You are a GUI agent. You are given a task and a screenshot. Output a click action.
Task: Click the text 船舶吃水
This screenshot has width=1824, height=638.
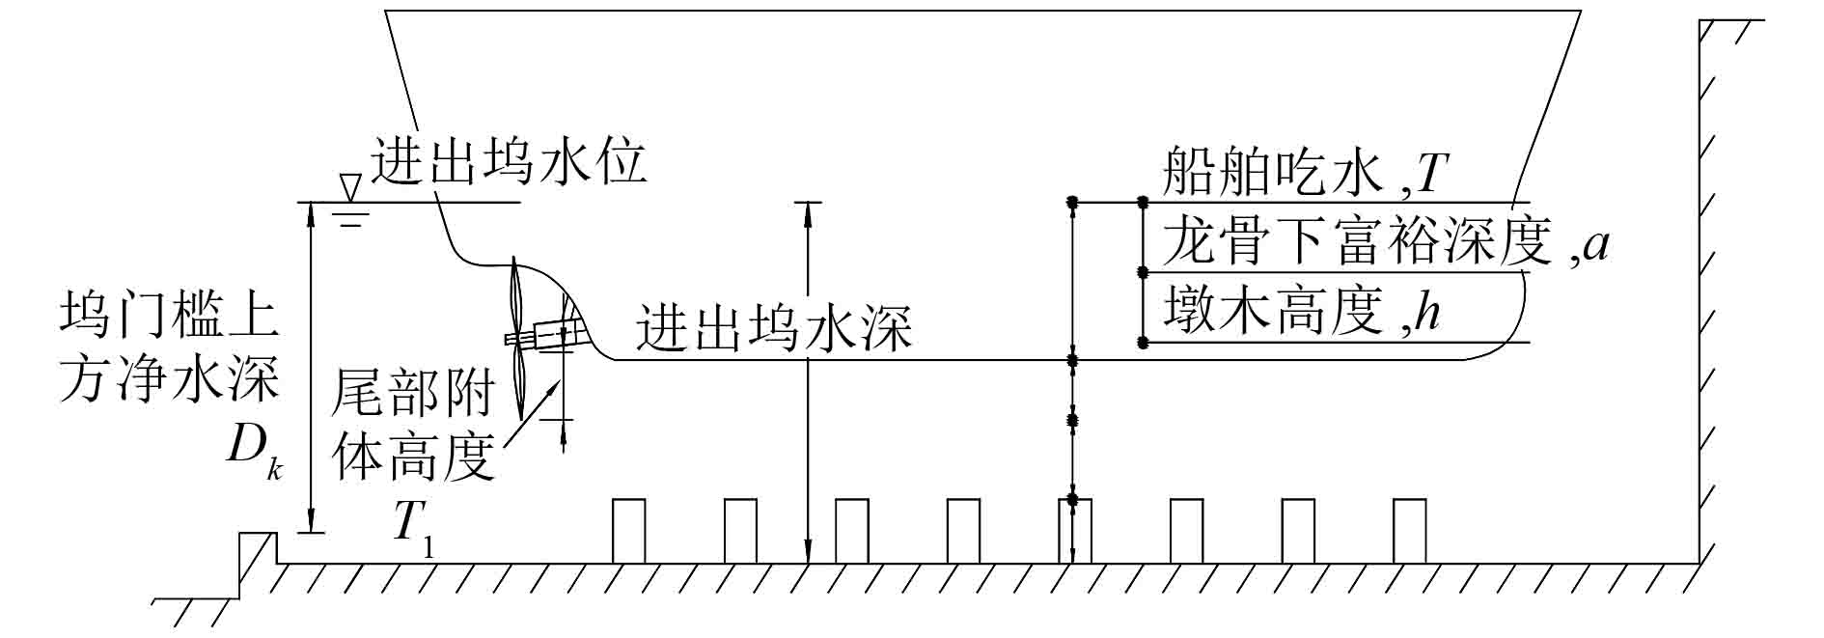click(x=1274, y=174)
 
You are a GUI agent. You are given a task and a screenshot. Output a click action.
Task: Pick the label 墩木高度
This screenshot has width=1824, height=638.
click(x=1274, y=312)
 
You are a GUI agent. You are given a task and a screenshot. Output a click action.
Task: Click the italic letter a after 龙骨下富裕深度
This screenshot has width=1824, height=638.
click(x=1595, y=244)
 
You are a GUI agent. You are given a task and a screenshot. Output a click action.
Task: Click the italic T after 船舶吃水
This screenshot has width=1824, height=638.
click(x=1431, y=175)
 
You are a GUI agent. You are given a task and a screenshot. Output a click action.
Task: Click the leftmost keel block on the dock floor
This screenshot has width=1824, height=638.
click(x=628, y=530)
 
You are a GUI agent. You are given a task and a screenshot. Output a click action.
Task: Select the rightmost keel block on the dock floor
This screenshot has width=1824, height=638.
click(x=1409, y=530)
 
